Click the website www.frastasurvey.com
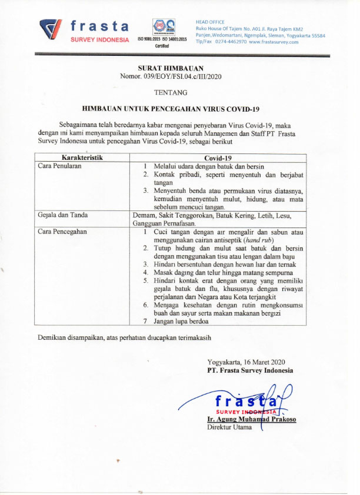point(274,42)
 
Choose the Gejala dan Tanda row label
point(66,215)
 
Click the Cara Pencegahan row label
point(62,232)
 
